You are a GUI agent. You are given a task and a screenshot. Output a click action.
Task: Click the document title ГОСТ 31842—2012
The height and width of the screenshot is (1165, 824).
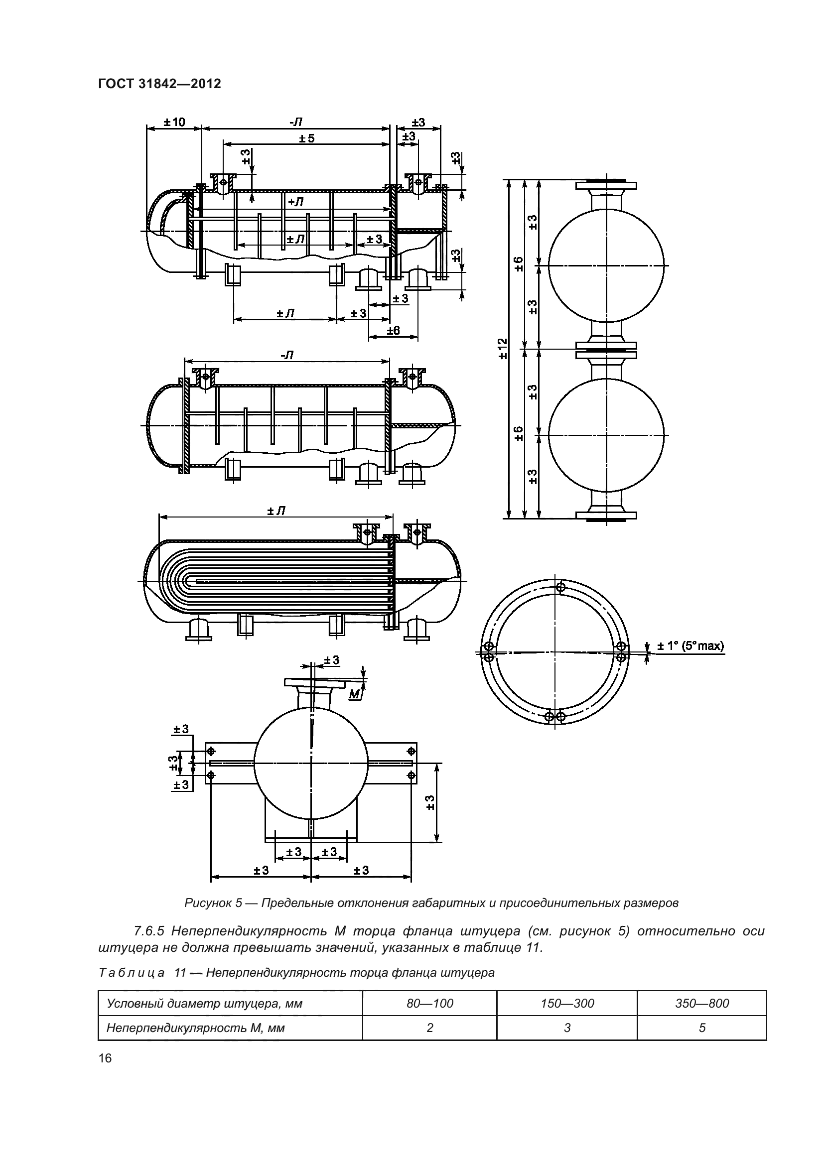pos(159,84)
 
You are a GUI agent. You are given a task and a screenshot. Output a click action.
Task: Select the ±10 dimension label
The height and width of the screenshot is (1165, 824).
pos(174,123)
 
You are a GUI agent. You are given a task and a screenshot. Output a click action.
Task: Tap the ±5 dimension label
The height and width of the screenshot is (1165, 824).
pos(306,138)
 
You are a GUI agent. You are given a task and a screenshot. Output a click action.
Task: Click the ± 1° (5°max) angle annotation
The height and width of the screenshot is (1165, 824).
pos(690,646)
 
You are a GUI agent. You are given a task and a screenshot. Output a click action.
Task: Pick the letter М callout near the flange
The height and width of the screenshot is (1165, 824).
pos(356,693)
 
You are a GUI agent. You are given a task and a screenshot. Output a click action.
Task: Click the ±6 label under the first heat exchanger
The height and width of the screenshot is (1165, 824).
pos(393,331)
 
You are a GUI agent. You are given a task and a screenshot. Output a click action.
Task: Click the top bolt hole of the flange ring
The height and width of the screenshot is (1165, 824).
pos(560,587)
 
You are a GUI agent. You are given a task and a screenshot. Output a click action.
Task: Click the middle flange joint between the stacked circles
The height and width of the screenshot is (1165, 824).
pos(606,348)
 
